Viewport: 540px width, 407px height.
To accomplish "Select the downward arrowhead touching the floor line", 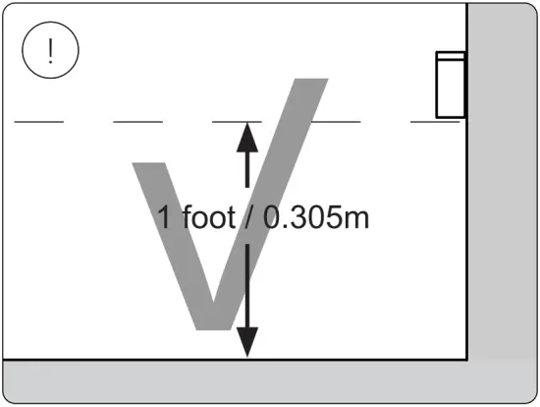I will click(x=246, y=342).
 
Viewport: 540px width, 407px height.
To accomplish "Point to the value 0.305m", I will click(x=315, y=216).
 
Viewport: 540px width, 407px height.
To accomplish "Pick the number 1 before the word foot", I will click(x=166, y=216).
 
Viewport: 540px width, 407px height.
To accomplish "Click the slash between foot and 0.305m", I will click(x=248, y=216).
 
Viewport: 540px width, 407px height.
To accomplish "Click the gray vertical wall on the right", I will click(x=502, y=177).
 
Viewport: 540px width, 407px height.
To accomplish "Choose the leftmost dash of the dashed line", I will click(x=38, y=122).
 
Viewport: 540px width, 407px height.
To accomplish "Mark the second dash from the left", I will click(x=137, y=122).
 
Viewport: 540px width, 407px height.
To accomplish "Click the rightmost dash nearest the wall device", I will click(x=434, y=122).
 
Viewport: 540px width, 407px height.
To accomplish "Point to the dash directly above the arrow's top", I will click(x=237, y=122).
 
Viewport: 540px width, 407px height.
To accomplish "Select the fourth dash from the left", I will click(x=336, y=122).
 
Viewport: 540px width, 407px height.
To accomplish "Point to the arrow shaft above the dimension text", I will click(x=246, y=172).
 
